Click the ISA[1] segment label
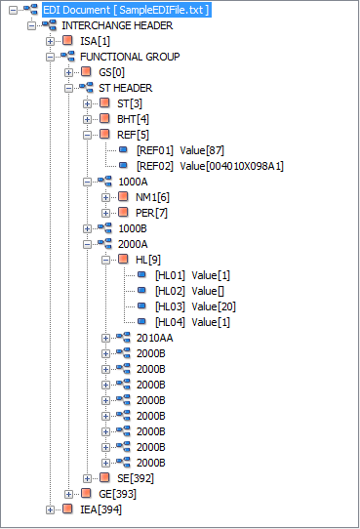point(95,41)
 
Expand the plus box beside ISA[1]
point(50,41)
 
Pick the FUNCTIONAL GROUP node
point(129,57)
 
